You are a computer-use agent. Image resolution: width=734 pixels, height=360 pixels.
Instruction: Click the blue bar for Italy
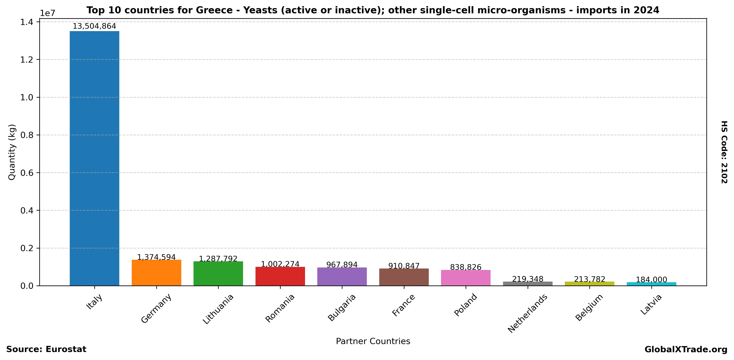pos(94,158)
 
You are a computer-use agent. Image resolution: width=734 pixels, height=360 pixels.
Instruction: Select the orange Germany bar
pos(156,272)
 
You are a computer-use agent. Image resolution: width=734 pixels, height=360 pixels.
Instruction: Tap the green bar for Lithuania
pos(218,273)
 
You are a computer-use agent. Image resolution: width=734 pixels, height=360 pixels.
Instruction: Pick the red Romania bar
pos(280,276)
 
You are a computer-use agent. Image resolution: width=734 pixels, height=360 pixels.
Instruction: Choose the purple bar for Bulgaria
pos(342,277)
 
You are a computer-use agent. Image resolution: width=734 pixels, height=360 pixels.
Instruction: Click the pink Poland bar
pos(466,278)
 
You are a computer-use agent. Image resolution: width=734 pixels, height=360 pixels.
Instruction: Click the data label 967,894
pos(342,265)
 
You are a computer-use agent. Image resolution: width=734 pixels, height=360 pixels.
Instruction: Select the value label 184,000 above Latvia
pos(651,280)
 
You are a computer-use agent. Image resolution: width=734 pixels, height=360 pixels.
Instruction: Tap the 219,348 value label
pos(528,279)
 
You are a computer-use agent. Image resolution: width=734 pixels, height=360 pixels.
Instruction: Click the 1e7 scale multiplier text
pos(47,13)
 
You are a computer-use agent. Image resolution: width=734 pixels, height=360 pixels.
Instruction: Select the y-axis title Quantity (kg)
pos(12,152)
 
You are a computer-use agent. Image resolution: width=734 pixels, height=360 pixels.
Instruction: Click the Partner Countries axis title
pos(373,341)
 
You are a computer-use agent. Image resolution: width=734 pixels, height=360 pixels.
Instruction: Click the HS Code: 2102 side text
pos(724,152)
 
